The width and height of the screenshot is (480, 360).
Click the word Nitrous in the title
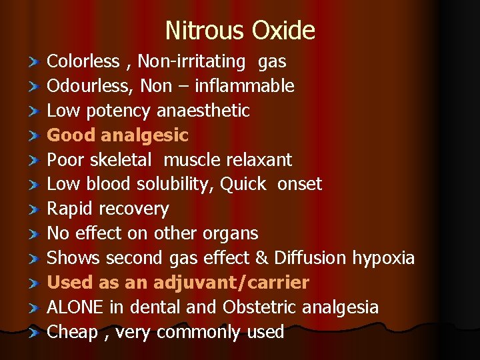(205, 31)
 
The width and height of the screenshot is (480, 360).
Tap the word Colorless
(83, 62)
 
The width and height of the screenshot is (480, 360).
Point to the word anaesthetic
(203, 111)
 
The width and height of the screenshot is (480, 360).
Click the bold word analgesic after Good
(145, 135)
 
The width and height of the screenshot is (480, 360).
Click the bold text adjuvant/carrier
(231, 283)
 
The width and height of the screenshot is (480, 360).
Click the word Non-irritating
(193, 62)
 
